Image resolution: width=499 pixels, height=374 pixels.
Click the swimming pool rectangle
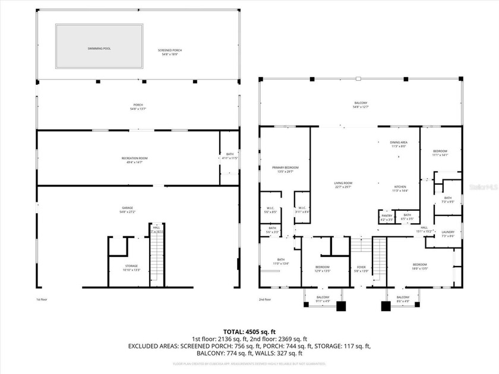click(99, 46)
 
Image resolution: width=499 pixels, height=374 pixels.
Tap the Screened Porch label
click(170, 52)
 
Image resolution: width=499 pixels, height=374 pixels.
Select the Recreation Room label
click(134, 160)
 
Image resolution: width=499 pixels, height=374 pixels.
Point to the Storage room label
click(131, 267)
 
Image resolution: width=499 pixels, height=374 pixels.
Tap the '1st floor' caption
click(41, 299)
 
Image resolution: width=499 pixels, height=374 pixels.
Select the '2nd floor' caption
click(265, 299)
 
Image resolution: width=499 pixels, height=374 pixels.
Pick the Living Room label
click(343, 185)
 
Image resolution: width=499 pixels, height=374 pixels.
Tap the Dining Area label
click(399, 144)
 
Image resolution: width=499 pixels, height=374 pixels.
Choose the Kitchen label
click(400, 189)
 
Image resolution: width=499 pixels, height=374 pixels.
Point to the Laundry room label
click(448, 234)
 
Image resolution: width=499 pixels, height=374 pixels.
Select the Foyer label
click(361, 269)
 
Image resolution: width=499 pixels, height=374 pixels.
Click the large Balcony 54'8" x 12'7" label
click(360, 104)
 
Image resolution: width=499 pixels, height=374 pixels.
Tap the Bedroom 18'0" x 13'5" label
click(419, 266)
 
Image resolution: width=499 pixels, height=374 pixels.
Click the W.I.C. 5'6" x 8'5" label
click(270, 210)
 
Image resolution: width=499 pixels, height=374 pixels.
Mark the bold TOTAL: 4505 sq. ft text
click(249, 331)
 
